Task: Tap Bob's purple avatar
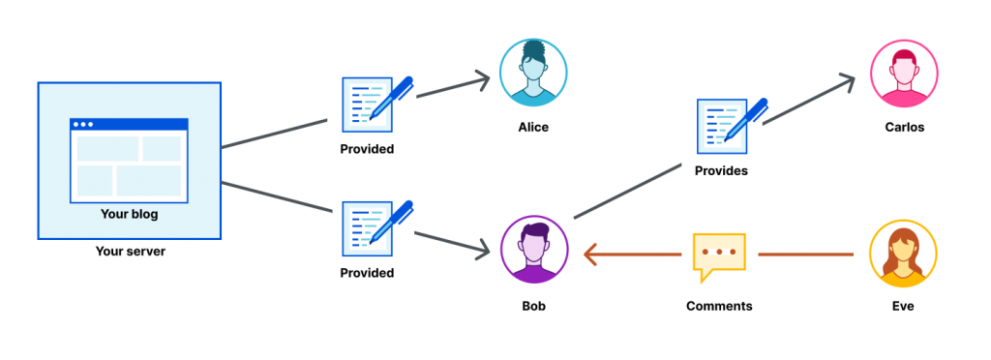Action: [x=533, y=251]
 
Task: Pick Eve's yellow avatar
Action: [x=903, y=254]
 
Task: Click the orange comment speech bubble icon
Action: [x=719, y=255]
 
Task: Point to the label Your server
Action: [x=129, y=252]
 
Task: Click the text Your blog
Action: [x=129, y=214]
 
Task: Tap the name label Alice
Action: [x=533, y=127]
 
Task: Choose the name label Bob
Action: [x=533, y=306]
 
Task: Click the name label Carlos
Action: [x=904, y=127]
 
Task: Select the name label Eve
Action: [x=904, y=306]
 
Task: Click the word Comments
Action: [x=719, y=306]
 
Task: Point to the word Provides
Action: [x=721, y=170]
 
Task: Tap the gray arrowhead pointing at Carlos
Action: [x=848, y=80]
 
